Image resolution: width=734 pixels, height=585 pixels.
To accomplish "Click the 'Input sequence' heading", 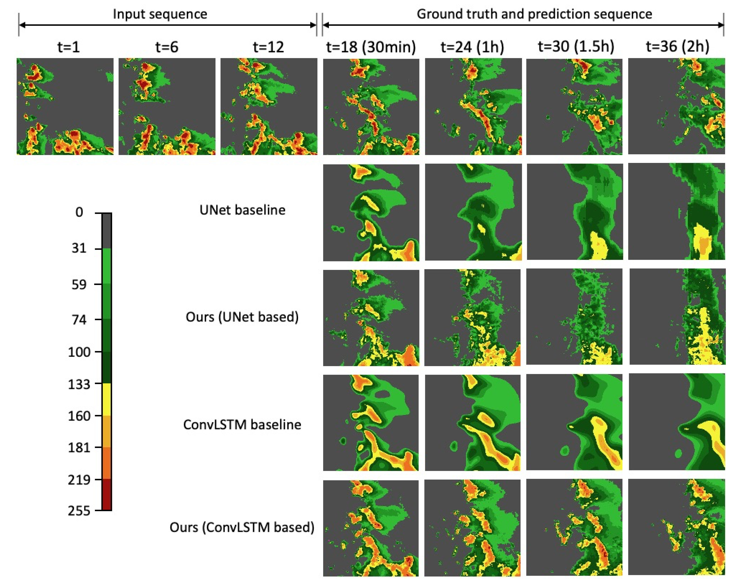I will pyautogui.click(x=160, y=14).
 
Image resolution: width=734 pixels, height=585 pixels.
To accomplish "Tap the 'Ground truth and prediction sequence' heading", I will pyautogui.click(x=534, y=14).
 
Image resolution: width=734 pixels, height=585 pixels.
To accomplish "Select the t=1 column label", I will pyautogui.click(x=69, y=47).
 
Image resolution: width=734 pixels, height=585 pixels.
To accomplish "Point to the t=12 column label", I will pyautogui.click(x=268, y=47).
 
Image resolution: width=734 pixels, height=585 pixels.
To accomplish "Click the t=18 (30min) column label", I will pyautogui.click(x=371, y=47).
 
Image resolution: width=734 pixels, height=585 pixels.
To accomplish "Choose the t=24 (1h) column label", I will pyautogui.click(x=472, y=47).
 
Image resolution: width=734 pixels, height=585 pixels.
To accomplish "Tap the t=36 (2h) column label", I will pyautogui.click(x=677, y=47).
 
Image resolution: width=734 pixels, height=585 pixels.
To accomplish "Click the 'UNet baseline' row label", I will pyautogui.click(x=242, y=210).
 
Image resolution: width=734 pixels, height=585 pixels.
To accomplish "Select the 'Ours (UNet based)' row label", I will pyautogui.click(x=242, y=317).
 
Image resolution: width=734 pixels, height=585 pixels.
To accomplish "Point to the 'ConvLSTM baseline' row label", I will pyautogui.click(x=242, y=425).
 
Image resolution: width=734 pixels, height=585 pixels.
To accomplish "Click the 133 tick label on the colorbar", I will pyautogui.click(x=79, y=384).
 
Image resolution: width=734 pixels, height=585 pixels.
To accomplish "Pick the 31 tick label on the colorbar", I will pyautogui.click(x=79, y=248).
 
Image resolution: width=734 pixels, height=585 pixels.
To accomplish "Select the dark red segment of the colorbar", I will pyautogui.click(x=106, y=494).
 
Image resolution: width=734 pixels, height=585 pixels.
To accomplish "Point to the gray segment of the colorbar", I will pyautogui.click(x=106, y=231).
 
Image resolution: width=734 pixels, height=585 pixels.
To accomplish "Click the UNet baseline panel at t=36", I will pyautogui.click(x=676, y=211).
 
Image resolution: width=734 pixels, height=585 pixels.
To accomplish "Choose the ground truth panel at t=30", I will pyautogui.click(x=574, y=107).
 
